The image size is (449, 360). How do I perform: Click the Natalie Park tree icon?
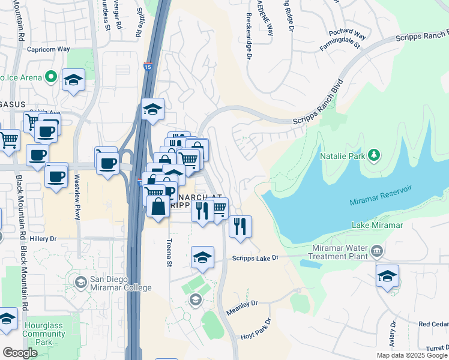(x=375, y=155)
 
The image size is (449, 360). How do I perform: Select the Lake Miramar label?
(x=377, y=225)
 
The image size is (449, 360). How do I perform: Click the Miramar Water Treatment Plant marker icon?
(x=377, y=250)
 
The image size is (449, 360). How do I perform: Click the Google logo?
(x=20, y=353)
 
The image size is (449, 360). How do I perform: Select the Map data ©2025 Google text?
(x=412, y=355)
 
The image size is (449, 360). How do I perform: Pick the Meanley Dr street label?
(x=242, y=309)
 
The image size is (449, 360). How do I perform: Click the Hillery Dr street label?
(x=43, y=238)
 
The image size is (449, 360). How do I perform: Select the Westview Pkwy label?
(x=77, y=197)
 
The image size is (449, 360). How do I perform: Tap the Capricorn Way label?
(x=47, y=49)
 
